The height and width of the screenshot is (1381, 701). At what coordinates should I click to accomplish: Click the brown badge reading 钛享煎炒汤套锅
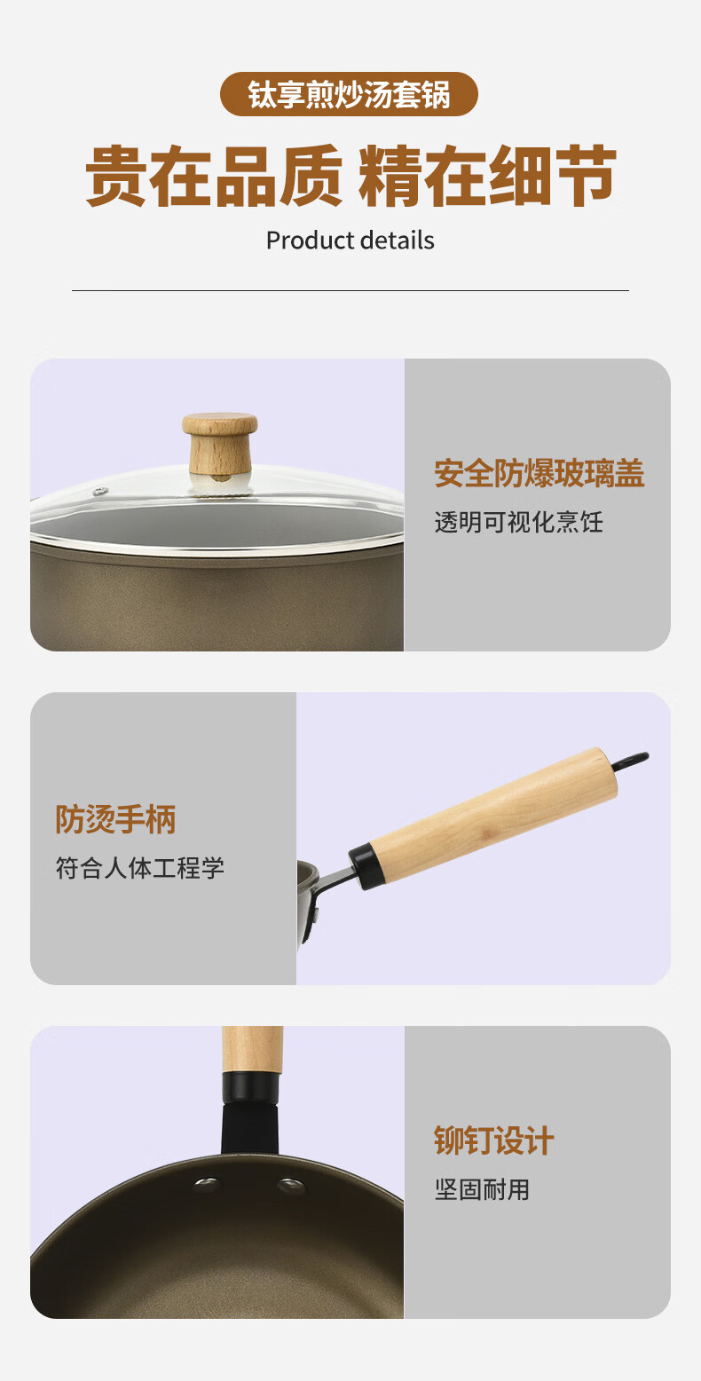point(349,94)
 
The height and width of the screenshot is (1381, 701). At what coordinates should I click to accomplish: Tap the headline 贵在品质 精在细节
point(350,176)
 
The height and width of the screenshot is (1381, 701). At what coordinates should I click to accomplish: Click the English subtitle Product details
point(350,241)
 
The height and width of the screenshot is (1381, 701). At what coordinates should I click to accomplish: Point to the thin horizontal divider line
point(350,290)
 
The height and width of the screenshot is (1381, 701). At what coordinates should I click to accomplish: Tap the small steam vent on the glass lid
point(100,492)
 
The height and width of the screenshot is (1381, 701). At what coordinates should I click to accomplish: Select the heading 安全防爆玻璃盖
point(540,473)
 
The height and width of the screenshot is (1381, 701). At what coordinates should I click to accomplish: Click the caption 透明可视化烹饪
point(518,522)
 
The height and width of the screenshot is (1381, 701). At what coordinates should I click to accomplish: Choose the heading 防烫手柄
point(116,819)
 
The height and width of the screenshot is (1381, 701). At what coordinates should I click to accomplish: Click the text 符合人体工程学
point(140,868)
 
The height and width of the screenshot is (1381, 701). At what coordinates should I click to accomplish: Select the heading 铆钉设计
point(494,1140)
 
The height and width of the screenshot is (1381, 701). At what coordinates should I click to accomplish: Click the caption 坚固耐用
point(482,1189)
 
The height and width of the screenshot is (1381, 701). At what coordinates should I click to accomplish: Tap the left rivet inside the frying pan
point(207,1183)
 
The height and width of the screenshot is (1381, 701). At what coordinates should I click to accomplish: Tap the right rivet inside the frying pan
point(290,1184)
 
